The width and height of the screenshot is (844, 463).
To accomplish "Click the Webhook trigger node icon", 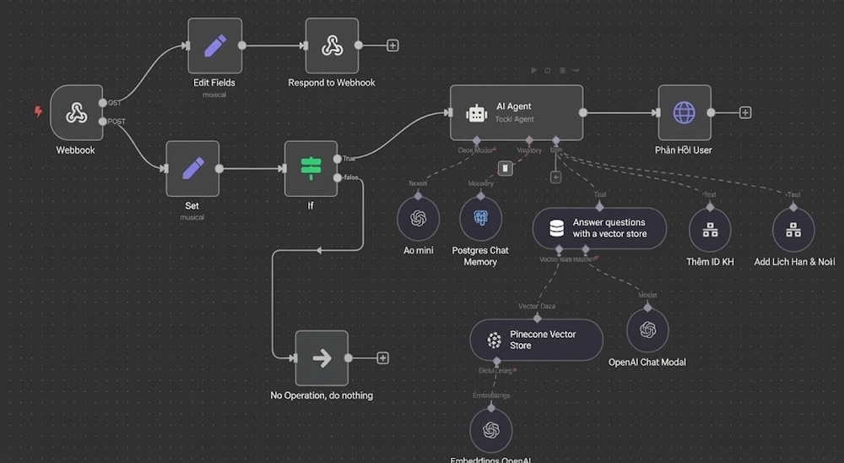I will point(77,112).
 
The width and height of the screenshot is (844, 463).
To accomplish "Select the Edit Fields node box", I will point(214,46).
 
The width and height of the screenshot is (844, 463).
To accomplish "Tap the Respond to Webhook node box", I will point(331,46).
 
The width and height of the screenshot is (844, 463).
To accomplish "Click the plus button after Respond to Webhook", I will point(393,46).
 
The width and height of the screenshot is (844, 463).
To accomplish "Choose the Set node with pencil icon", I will point(192,168).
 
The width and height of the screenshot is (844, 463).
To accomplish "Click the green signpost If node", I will point(310,168).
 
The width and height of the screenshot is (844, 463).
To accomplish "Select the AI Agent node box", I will point(516,112).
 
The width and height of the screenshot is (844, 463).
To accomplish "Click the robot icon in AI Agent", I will point(477,113).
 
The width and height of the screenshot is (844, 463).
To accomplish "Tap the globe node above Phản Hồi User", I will point(684,112).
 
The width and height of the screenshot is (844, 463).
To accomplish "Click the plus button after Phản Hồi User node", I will point(745,112).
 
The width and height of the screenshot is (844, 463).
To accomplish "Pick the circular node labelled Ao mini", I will point(419,219).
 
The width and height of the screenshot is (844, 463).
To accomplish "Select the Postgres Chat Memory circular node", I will point(480,219).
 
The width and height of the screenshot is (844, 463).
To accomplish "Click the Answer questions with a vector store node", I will point(599,228).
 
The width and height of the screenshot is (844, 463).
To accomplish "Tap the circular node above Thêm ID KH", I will point(710,229).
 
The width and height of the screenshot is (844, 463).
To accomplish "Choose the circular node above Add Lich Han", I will point(793,229).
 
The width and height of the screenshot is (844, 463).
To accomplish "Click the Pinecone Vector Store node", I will point(536,340).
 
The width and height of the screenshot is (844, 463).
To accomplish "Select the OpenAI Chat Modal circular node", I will point(647,330).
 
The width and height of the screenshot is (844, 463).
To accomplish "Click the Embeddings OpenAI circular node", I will point(491,430).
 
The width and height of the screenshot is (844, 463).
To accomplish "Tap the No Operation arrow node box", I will point(322,358).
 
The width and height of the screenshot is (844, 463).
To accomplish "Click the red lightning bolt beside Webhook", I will point(37,112).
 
